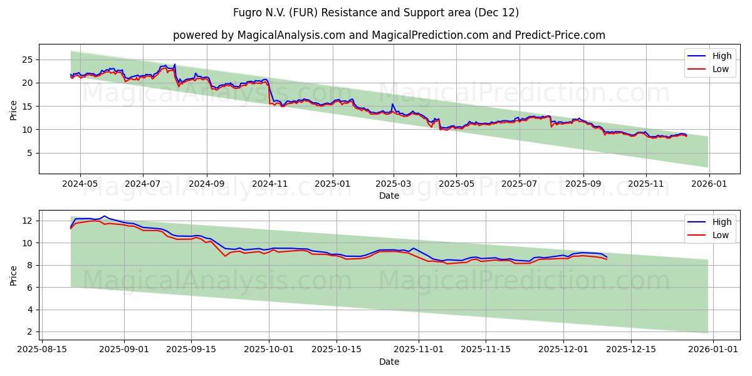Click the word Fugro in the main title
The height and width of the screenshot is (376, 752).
(x=248, y=13)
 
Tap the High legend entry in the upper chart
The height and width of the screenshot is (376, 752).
(x=721, y=56)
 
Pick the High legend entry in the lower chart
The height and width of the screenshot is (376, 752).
(x=721, y=222)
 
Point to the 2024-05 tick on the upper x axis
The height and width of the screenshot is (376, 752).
(x=80, y=184)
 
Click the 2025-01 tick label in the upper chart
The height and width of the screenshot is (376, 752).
(x=332, y=184)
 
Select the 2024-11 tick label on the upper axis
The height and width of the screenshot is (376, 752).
(x=269, y=184)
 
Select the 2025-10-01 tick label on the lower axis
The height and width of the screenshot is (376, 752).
(x=270, y=350)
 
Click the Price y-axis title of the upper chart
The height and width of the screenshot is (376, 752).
(x=14, y=109)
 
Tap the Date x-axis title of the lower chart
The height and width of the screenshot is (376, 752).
(x=389, y=362)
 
